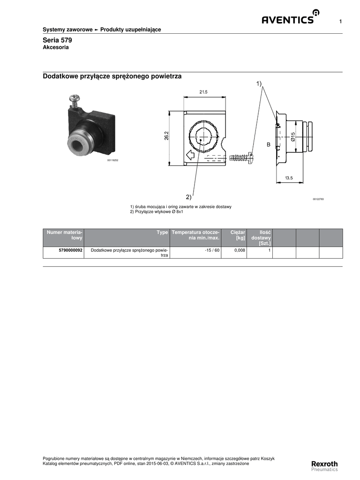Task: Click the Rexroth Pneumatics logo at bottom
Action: pyautogui.click(x=324, y=465)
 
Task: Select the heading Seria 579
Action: pyautogui.click(x=57, y=40)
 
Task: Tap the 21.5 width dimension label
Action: pyautogui.click(x=203, y=92)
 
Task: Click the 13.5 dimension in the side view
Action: pyautogui.click(x=289, y=178)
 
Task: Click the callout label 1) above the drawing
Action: pyautogui.click(x=259, y=83)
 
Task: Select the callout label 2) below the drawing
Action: pyautogui.click(x=188, y=196)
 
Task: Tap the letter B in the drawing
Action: pyautogui.click(x=269, y=145)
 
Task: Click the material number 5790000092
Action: pyautogui.click(x=71, y=250)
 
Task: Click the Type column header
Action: pyautogui.click(x=162, y=232)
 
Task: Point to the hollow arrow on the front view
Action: pyautogui.click(x=190, y=155)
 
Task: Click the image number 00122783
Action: pyautogui.click(x=318, y=199)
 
